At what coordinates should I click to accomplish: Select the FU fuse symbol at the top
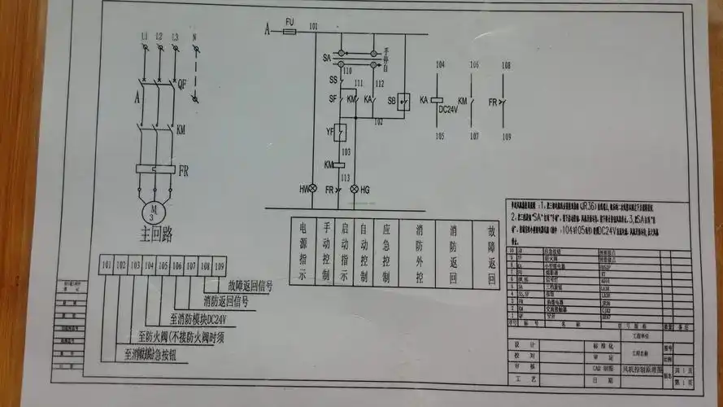[290, 30]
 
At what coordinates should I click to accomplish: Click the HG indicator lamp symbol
[354, 189]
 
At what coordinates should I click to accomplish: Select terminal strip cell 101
[107, 265]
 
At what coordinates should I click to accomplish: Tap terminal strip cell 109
[219, 265]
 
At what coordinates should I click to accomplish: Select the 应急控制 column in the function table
[388, 252]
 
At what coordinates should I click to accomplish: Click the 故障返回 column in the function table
[490, 254]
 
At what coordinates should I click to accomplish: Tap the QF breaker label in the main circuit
[182, 84]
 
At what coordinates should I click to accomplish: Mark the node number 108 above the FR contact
[506, 64]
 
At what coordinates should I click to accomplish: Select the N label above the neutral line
[194, 37]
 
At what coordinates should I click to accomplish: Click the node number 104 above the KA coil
[441, 64]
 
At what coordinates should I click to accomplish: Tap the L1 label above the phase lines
[144, 37]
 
